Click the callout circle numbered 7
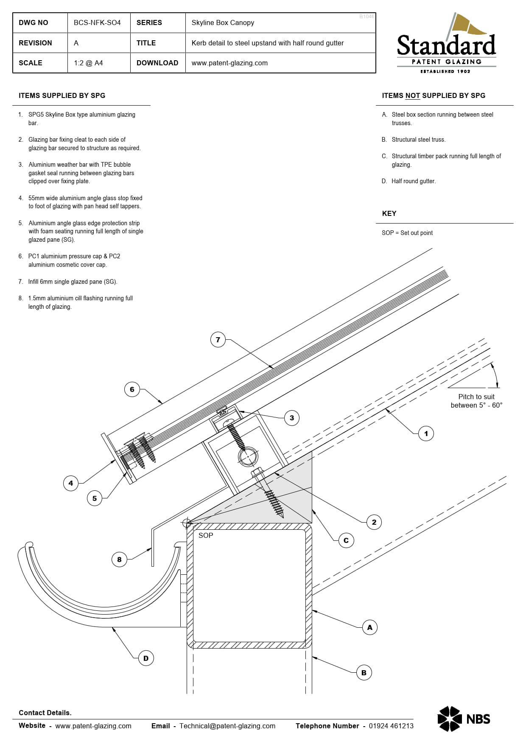pos(218,340)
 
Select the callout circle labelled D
pos(146,658)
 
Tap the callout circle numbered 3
pos(291,418)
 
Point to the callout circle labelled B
pos(364,673)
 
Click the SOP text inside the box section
pos(206,535)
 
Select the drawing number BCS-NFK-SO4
pos(97,22)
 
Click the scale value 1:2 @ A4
pos(88,63)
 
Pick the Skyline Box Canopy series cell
pos(223,22)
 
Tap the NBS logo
pos(464,719)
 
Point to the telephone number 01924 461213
pos(391,726)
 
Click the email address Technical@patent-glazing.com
pos(227,726)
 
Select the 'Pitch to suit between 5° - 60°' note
pos(476,401)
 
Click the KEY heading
pos(389,213)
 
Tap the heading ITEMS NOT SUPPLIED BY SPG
pos(433,95)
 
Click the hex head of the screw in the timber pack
pos(258,472)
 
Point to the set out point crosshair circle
pos(187,523)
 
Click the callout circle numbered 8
pos(119,559)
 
